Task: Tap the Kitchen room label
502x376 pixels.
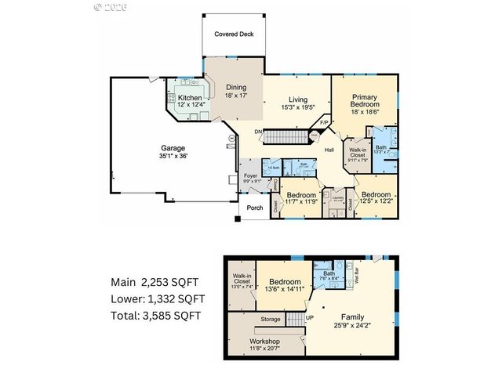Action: pyautogui.click(x=179, y=98)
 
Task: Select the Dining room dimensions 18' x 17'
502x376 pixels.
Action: pyautogui.click(x=236, y=96)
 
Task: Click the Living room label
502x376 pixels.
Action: pyautogui.click(x=297, y=99)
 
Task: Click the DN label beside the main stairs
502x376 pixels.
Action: pyautogui.click(x=257, y=131)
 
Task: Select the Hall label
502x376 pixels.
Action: pyautogui.click(x=330, y=149)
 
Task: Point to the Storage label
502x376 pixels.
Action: pyautogui.click(x=271, y=319)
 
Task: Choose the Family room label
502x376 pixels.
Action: pyautogui.click(x=346, y=316)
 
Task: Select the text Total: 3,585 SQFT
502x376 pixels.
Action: pyautogui.click(x=155, y=316)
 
